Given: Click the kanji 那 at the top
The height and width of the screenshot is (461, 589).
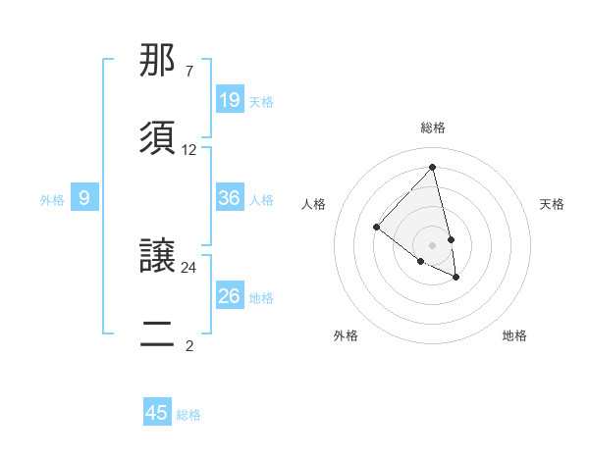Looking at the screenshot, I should click(159, 62).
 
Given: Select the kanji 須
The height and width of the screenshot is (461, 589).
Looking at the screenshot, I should click(159, 137).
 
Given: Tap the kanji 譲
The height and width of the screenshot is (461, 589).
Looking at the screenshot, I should click(159, 257).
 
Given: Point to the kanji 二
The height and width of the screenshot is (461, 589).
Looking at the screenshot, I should click(159, 333).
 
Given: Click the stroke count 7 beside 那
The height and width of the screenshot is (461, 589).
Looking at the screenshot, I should click(188, 72).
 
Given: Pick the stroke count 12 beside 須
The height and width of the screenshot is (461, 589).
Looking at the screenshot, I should click(189, 150).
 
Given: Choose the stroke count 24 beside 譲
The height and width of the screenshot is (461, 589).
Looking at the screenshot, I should click(189, 267).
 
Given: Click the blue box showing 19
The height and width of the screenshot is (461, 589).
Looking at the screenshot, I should click(230, 99).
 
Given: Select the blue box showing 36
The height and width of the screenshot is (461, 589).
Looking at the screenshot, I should click(230, 198).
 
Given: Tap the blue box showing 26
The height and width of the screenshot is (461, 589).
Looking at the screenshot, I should click(230, 295).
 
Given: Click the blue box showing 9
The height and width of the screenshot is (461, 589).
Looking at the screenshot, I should click(84, 198).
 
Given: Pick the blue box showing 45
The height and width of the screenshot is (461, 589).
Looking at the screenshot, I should click(157, 413).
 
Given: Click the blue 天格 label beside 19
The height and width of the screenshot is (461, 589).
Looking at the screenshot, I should click(261, 101).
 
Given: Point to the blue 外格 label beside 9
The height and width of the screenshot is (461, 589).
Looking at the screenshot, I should click(52, 200).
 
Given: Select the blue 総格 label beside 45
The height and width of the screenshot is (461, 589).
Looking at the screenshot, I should click(188, 415).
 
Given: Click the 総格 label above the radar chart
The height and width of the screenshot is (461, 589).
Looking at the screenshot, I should click(433, 127).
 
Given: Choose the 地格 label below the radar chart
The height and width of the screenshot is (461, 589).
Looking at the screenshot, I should click(514, 335).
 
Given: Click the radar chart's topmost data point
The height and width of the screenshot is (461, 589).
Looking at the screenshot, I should click(433, 168).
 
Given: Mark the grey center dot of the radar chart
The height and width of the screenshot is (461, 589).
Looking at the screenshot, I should click(432, 244).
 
